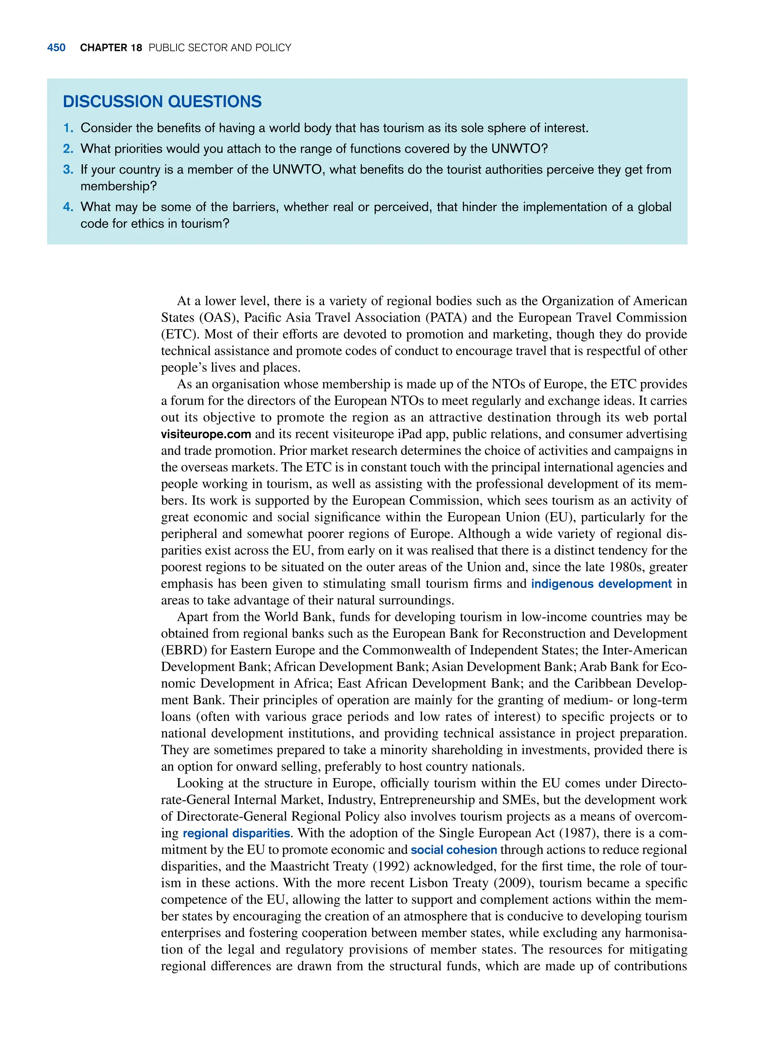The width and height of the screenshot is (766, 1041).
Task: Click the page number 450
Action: [56, 48]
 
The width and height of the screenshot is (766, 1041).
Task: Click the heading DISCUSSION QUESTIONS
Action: [162, 101]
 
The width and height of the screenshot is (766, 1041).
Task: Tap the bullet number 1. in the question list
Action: [68, 128]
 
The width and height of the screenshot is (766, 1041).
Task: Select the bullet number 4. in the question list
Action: [68, 207]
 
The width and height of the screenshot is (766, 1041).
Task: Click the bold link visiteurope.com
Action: [206, 434]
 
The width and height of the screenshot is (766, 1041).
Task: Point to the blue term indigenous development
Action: [601, 584]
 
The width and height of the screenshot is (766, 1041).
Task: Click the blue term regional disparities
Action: [236, 833]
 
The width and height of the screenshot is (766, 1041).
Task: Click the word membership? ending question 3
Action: [119, 186]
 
